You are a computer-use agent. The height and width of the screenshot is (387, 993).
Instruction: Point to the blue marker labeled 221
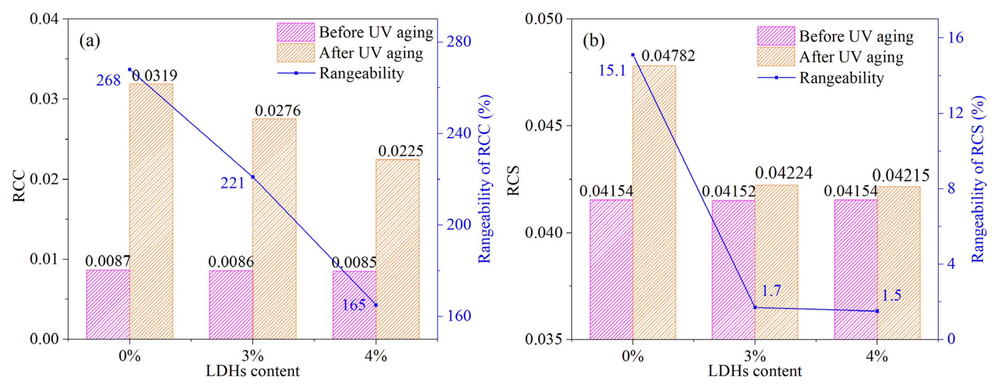click(253, 177)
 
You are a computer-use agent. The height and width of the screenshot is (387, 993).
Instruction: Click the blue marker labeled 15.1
click(633, 55)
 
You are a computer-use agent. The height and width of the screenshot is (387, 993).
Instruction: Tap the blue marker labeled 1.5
click(877, 311)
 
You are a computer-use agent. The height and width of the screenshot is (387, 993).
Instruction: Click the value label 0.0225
click(400, 151)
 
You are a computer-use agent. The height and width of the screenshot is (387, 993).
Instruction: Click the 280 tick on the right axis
click(459, 42)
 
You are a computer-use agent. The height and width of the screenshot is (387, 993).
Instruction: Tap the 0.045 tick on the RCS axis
click(544, 126)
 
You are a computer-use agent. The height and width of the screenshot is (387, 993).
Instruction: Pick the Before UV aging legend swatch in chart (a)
click(296, 32)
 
